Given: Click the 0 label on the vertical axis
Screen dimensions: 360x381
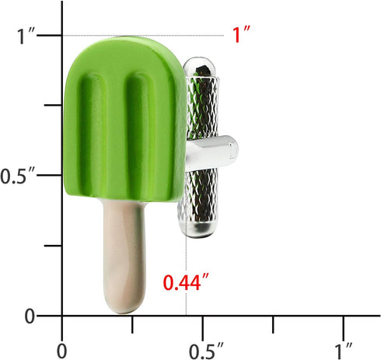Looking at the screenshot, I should point(30,316).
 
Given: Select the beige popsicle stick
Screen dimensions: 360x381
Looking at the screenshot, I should point(123,249).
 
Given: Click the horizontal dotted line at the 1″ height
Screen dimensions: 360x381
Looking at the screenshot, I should point(156,35).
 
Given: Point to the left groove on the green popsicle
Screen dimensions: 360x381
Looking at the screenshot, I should point(103,117).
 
